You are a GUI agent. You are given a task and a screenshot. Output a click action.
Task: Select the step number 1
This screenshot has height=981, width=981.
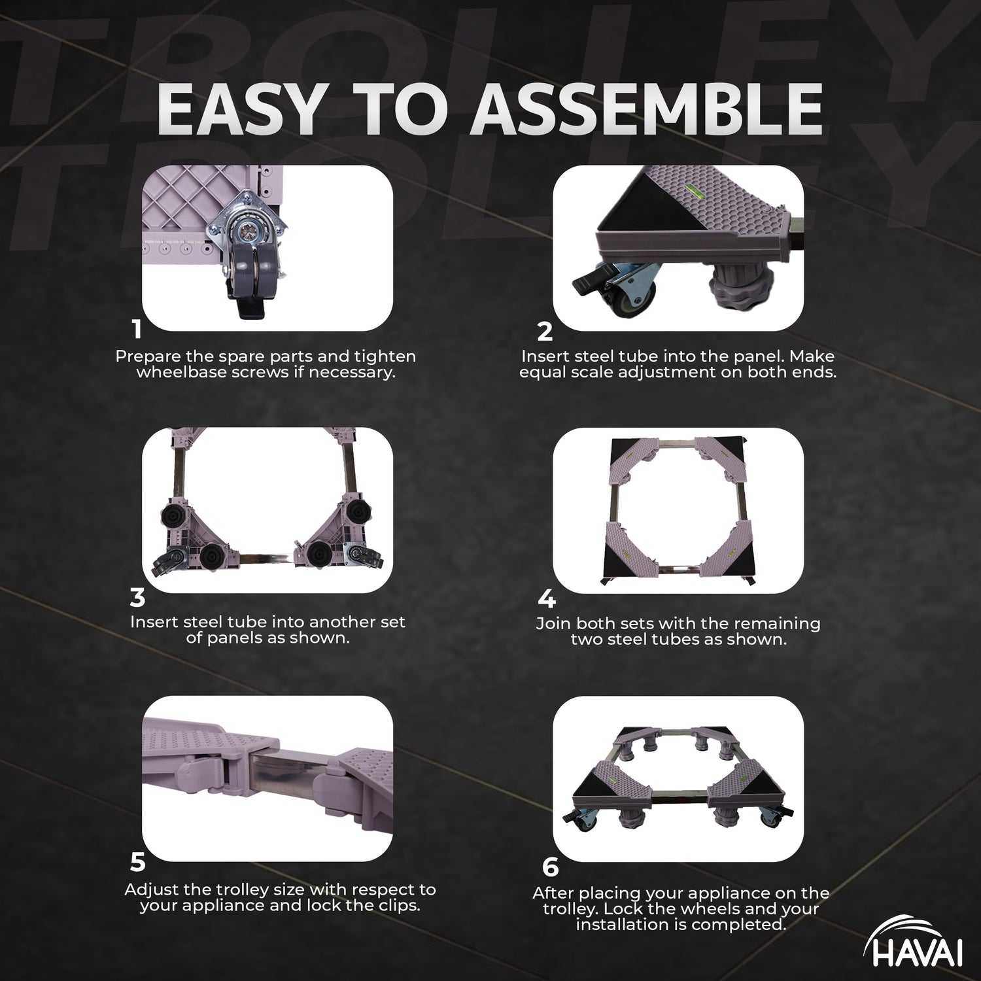137,329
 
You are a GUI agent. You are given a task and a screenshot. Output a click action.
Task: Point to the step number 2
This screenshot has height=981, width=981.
545,332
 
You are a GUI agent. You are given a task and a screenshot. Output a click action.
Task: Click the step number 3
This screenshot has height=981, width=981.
137,597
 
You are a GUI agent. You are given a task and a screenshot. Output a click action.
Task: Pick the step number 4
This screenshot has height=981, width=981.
547,599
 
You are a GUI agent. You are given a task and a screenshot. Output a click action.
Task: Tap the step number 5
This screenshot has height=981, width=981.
137,863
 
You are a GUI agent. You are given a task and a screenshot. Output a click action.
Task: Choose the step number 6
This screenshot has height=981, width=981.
551,867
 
